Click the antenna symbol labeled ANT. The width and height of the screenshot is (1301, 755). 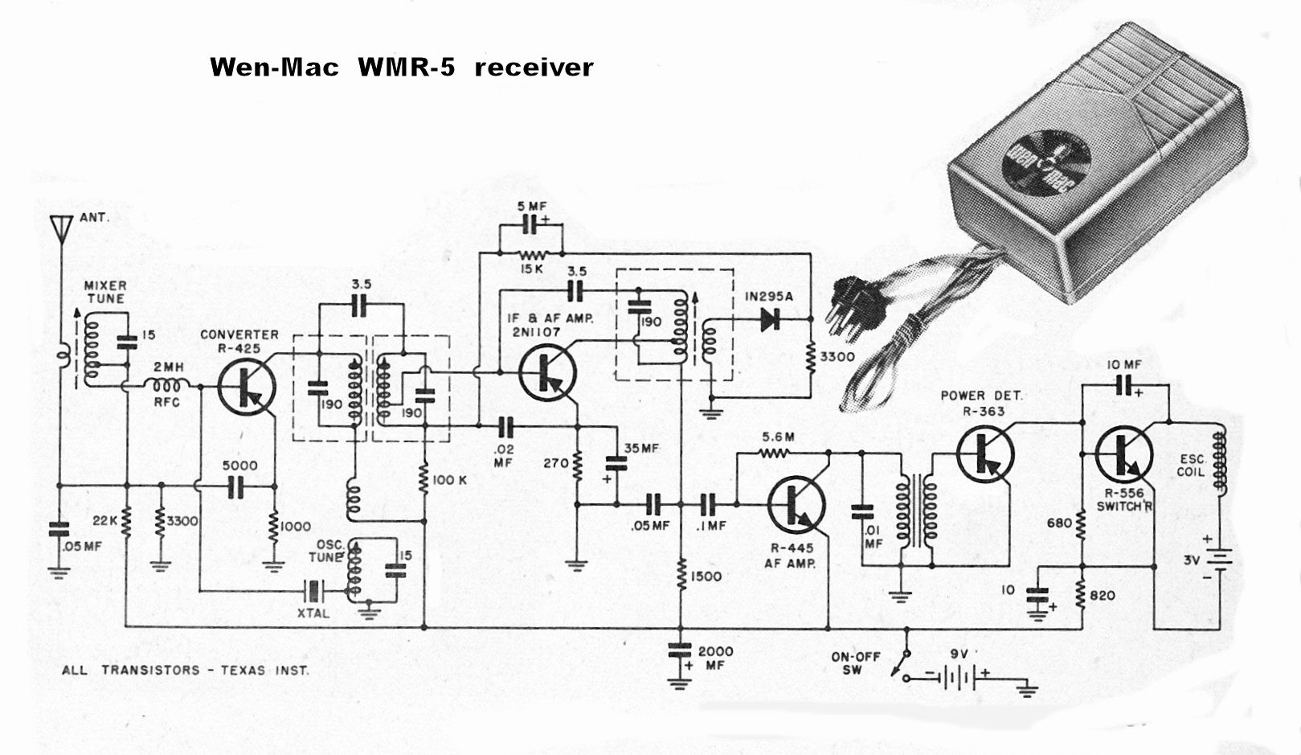pyautogui.click(x=59, y=228)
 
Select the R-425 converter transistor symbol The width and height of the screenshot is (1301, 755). pyautogui.click(x=246, y=387)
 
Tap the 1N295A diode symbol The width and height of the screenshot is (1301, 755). pyautogui.click(x=769, y=320)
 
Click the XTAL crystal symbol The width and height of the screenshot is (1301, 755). pyautogui.click(x=313, y=593)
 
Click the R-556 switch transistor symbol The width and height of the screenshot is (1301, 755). pyautogui.click(x=1123, y=454)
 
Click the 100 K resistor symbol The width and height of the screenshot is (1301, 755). pyautogui.click(x=424, y=480)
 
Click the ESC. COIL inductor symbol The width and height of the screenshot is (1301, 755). pyautogui.click(x=1220, y=462)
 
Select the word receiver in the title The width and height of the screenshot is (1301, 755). pyautogui.click(x=534, y=67)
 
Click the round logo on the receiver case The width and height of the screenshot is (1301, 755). pyautogui.click(x=1045, y=166)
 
